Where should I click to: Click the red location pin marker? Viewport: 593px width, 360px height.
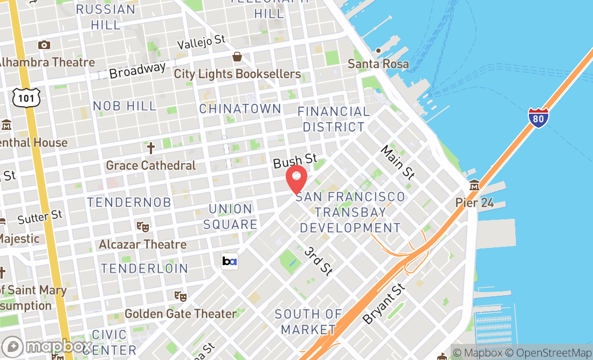[x=296, y=179]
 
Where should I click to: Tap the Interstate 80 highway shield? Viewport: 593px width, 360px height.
[x=539, y=118]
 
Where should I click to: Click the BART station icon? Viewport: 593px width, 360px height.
[x=229, y=261]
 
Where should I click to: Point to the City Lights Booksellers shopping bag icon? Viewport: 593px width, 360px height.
[x=237, y=57]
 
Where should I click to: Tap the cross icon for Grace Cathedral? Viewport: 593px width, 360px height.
[x=151, y=148]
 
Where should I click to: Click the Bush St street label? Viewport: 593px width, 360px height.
[x=295, y=161]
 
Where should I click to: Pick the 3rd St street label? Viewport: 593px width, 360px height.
[x=318, y=261]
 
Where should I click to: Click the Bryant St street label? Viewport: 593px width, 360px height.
[x=384, y=304]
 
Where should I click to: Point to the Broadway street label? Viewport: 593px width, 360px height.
[x=137, y=70]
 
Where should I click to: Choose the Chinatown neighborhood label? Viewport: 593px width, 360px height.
[x=240, y=108]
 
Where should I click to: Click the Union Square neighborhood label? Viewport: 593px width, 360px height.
[x=230, y=217]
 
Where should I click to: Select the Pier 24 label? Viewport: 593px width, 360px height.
[x=474, y=203]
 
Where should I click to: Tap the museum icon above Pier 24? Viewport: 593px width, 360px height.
[x=474, y=185]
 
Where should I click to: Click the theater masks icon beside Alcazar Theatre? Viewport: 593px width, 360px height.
[x=143, y=227]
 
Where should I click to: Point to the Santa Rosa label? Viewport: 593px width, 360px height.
[x=378, y=64]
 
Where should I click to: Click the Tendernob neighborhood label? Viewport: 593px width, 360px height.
[x=129, y=202]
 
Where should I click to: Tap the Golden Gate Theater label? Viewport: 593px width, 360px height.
[x=180, y=314]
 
